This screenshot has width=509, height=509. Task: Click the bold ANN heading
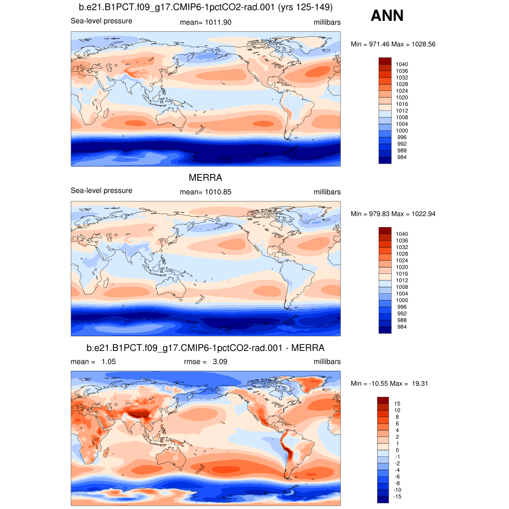(387, 16)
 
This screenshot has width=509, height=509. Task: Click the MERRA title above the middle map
(205, 178)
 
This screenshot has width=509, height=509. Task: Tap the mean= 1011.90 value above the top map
(205, 22)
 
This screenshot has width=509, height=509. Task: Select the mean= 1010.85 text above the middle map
(205, 192)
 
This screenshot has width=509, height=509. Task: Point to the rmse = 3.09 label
(205, 362)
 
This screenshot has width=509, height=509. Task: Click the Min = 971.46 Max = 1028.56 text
(393, 44)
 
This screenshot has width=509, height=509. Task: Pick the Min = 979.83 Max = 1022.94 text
(393, 214)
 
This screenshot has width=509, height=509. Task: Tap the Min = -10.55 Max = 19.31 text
(390, 383)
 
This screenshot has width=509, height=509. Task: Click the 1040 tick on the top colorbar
(402, 64)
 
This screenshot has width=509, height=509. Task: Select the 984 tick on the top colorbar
(400, 157)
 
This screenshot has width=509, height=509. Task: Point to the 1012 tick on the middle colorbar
(402, 280)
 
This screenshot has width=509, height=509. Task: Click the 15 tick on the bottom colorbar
(397, 403)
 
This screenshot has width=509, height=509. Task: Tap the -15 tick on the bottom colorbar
(398, 497)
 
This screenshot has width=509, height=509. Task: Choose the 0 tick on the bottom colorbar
(397, 450)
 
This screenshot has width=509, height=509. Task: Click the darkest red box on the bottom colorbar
(383, 400)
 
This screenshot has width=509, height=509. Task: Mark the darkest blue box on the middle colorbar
(385, 330)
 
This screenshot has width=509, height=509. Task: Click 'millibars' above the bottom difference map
(327, 362)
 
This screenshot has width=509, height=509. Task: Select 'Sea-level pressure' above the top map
(101, 21)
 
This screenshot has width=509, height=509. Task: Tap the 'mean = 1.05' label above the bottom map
(93, 362)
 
